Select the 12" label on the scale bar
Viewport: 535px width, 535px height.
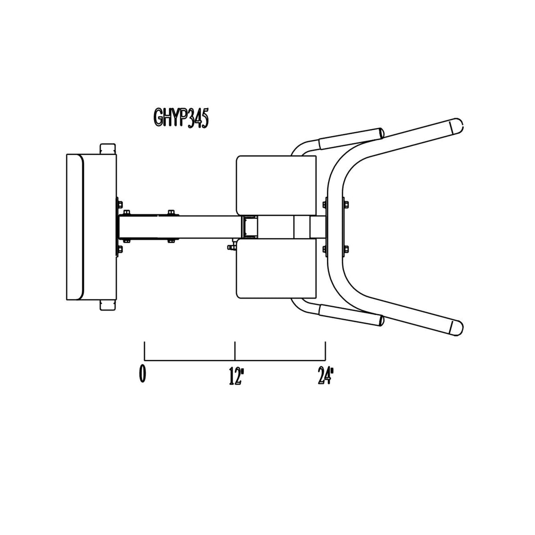coord(235,376)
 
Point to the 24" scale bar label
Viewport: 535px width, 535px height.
coord(325,376)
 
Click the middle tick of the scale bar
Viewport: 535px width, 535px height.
coord(235,351)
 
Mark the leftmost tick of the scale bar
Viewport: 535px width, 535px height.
coord(144,351)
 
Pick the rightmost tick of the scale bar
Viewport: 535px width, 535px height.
coord(325,351)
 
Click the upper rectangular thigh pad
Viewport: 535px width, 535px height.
coord(276,185)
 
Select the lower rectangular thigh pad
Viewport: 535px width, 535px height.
coord(276,268)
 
